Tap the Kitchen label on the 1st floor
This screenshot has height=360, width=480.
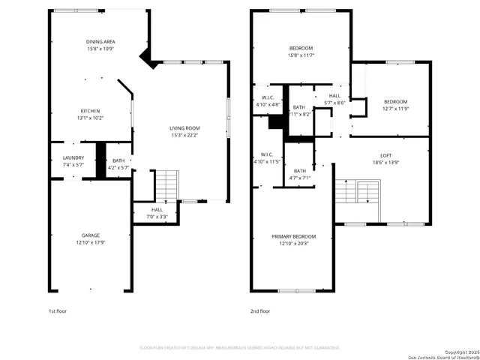coord(91,111)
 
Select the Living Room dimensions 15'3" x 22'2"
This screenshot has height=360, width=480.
coord(185,135)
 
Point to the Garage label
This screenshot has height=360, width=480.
coord(91,235)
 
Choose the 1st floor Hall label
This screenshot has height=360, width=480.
coord(157,210)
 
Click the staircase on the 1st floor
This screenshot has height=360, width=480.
coord(167,184)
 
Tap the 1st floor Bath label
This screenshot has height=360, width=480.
coord(118,160)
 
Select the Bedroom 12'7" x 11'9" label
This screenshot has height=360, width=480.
coord(395,102)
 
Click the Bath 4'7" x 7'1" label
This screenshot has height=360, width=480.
coord(300,172)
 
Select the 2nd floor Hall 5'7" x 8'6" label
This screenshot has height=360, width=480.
coord(334,96)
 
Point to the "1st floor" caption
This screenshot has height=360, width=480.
coord(58,310)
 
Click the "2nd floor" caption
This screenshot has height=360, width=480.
coord(260,310)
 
